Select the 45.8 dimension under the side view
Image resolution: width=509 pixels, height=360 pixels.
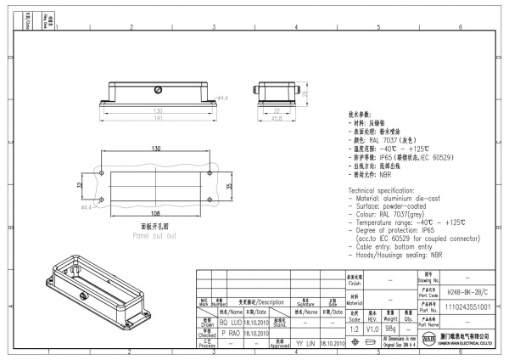(277, 119)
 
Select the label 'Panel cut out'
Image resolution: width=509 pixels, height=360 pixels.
(154, 235)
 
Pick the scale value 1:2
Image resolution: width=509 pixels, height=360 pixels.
(354, 328)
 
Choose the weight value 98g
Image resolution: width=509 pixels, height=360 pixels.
(391, 328)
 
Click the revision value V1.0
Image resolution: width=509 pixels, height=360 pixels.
(372, 328)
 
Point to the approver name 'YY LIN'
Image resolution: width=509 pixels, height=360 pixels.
(305, 344)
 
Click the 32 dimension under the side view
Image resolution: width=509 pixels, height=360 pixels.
(277, 110)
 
